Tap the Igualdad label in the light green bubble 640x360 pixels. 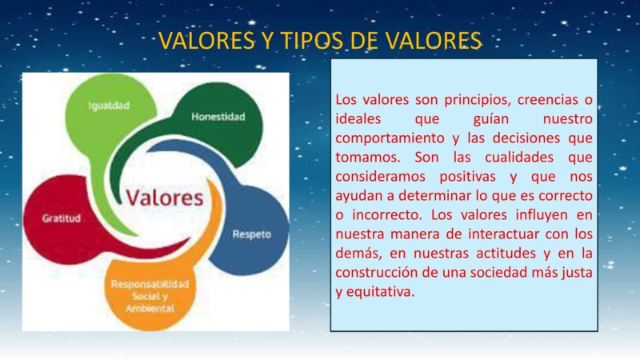tap(109, 105)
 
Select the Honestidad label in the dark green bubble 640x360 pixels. tap(218, 117)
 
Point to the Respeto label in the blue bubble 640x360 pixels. tap(251, 234)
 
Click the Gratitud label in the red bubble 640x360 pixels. tap(61, 218)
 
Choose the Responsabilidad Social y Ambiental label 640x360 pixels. tap(150, 295)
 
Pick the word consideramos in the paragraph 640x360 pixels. tap(379, 177)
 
